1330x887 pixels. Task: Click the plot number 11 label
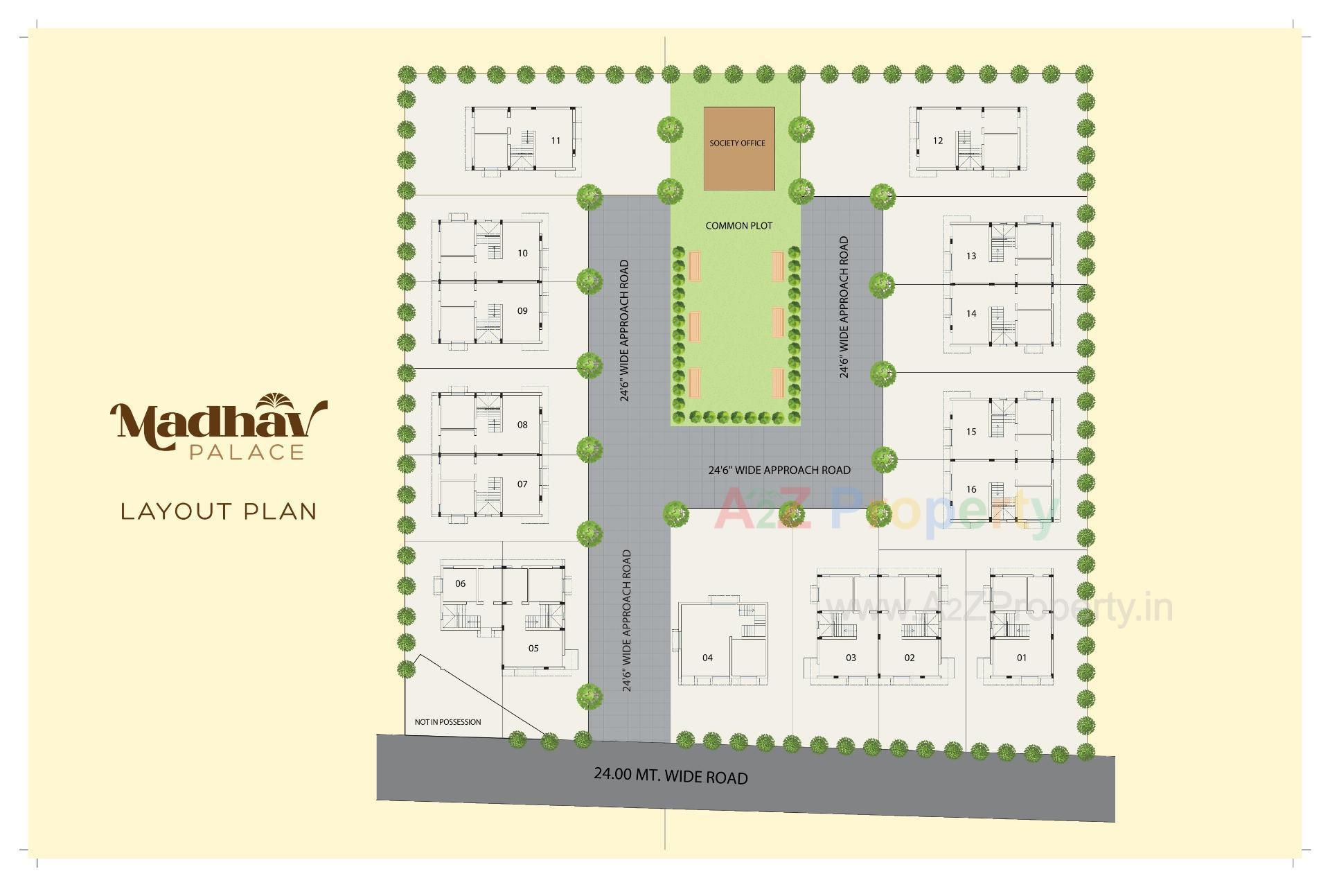[556, 141]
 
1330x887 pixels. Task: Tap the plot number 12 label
[938, 141]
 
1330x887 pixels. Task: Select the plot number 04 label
[707, 658]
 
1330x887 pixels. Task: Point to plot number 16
[971, 489]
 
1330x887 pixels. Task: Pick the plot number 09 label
[522, 310]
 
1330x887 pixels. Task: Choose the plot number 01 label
[1022, 658]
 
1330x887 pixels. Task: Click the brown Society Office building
[738, 148]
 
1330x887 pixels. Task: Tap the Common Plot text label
[738, 226]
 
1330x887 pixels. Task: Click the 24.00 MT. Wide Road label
[671, 775]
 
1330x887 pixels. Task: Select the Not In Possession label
[447, 722]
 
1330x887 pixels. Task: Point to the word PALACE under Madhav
[247, 453]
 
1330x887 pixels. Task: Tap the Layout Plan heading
[219, 511]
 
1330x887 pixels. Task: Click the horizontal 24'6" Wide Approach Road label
[779, 470]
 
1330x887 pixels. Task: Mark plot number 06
[461, 583]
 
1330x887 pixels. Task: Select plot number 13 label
[971, 256]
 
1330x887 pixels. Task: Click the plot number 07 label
[522, 484]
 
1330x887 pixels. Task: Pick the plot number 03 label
[851, 658]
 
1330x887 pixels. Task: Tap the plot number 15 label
[971, 432]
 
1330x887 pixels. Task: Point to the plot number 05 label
[533, 649]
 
